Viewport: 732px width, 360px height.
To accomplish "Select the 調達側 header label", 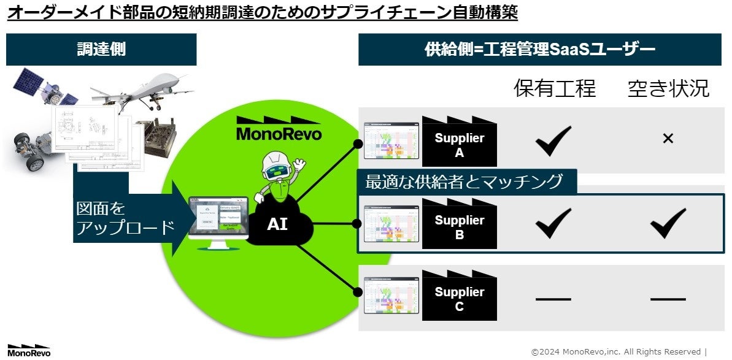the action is [101, 50].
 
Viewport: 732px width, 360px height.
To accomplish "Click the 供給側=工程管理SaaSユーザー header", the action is [540, 50].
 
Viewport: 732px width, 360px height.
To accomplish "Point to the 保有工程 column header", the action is [554, 89].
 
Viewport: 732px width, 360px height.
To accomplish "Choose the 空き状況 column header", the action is [668, 89].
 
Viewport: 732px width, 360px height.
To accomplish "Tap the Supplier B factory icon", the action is [459, 224].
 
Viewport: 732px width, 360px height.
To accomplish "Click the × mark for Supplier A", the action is [668, 139].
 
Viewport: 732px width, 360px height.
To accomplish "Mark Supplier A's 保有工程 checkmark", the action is [553, 140].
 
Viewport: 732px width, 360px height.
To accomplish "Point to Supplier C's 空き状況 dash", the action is [668, 299].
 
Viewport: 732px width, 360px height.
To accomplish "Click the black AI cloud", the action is [277, 224].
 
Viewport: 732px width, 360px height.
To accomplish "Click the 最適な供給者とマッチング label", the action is [464, 182].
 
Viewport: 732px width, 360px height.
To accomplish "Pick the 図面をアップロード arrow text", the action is [123, 218].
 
